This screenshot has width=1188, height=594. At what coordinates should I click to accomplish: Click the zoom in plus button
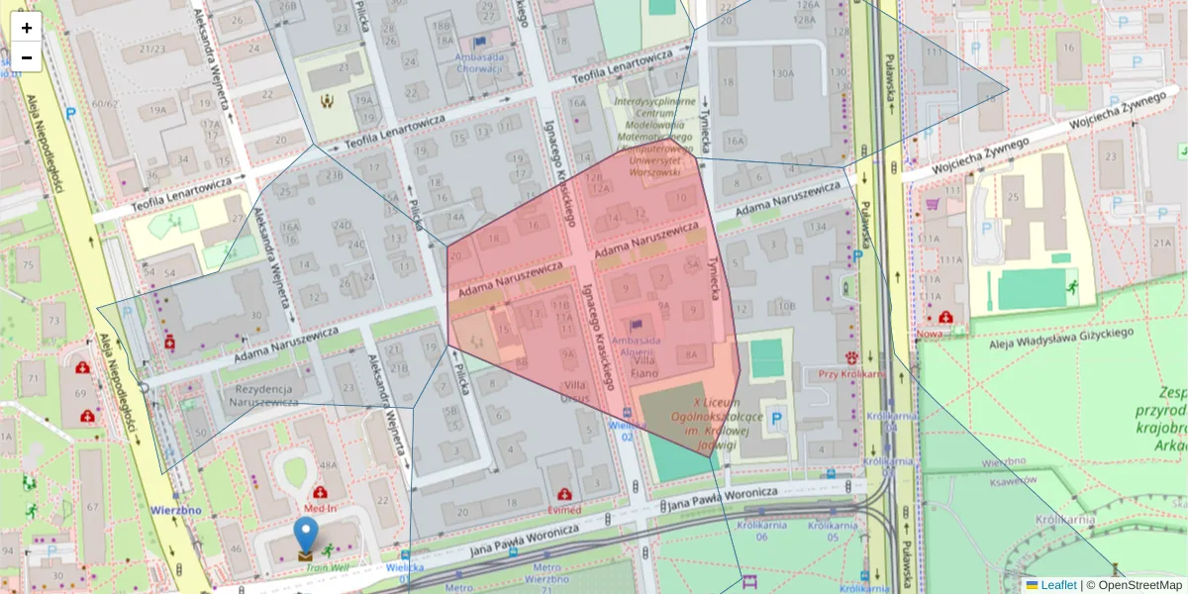27,28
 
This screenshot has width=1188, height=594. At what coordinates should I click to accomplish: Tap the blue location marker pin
307,536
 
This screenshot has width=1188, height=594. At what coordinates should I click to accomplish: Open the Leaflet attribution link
1058,585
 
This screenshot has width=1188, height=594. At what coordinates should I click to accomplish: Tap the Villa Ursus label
574,391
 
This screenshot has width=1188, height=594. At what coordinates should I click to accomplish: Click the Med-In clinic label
320,510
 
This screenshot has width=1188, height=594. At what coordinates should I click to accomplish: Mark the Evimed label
563,510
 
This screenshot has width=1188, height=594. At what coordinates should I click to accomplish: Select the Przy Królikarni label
849,374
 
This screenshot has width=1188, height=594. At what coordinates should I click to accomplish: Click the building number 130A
783,73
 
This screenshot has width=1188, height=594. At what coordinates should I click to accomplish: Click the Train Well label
327,568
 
